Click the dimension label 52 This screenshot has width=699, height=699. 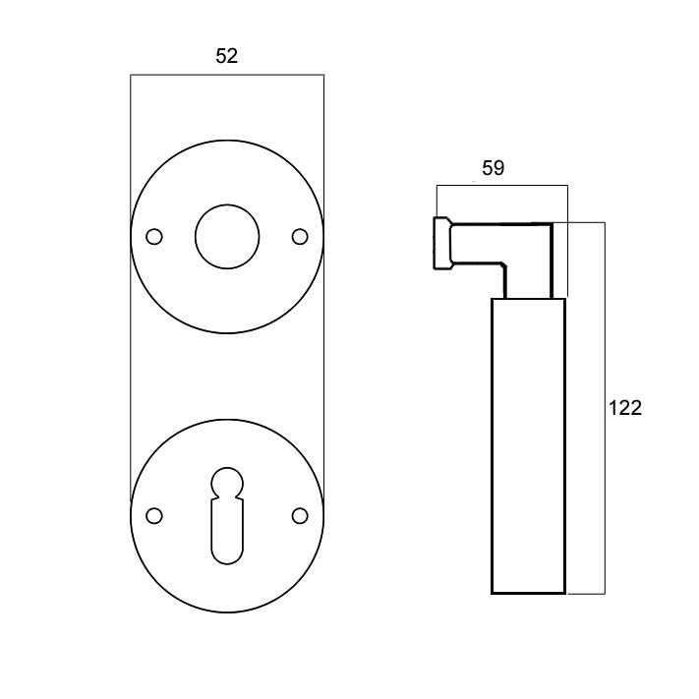coord(226,56)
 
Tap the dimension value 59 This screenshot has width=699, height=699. coord(494,168)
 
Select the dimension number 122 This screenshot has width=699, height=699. coord(625,408)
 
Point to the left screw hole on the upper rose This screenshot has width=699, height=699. coord(154,237)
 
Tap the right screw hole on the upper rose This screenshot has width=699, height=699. coord(300,237)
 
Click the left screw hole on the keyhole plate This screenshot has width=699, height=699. coord(154,516)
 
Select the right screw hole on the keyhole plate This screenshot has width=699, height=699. coord(300,516)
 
